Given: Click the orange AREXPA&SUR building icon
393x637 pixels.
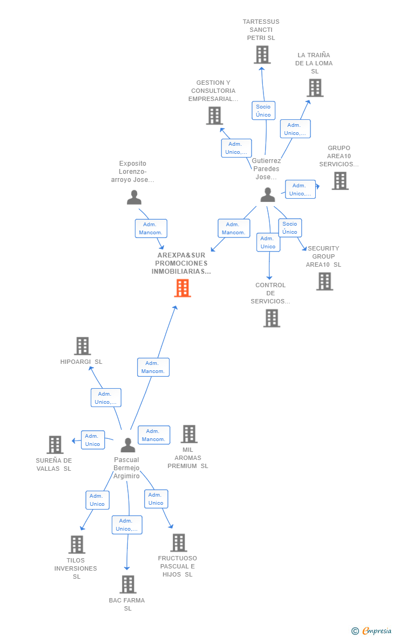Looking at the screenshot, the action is click(182, 288).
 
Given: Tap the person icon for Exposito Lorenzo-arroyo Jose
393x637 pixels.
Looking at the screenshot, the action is click(134, 198).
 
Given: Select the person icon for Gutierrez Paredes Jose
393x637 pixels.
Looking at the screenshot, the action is click(268, 194).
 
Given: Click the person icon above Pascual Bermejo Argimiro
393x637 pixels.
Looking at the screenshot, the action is click(128, 445).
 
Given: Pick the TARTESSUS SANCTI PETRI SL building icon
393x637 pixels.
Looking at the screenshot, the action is click(262, 55).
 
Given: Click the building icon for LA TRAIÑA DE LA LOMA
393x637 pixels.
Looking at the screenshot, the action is click(315, 88).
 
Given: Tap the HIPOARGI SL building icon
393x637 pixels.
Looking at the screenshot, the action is click(83, 346).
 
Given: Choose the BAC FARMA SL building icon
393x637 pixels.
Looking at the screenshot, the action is click(128, 585).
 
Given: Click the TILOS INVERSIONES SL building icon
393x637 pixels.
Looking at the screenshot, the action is click(77, 544).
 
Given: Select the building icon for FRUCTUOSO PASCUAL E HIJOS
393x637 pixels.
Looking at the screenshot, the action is click(179, 543).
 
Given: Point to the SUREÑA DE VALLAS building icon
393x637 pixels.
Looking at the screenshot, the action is click(55, 445).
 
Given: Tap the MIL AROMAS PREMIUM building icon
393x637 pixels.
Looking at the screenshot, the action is click(189, 434).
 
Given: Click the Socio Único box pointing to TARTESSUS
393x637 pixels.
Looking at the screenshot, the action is click(263, 111).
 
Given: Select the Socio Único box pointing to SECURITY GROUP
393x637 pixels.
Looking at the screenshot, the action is click(290, 228).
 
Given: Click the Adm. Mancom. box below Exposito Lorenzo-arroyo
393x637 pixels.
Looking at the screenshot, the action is click(151, 228).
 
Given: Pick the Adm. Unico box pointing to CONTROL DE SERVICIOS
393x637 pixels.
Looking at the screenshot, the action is click(268, 242).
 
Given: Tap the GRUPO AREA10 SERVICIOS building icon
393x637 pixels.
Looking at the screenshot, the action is click(340, 181).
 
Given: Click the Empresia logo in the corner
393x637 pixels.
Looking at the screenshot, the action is click(371, 631).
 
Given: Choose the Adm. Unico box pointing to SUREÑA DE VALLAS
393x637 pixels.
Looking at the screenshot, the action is click(93, 440).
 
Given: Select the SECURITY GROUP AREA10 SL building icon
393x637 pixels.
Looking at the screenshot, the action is click(325, 282).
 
